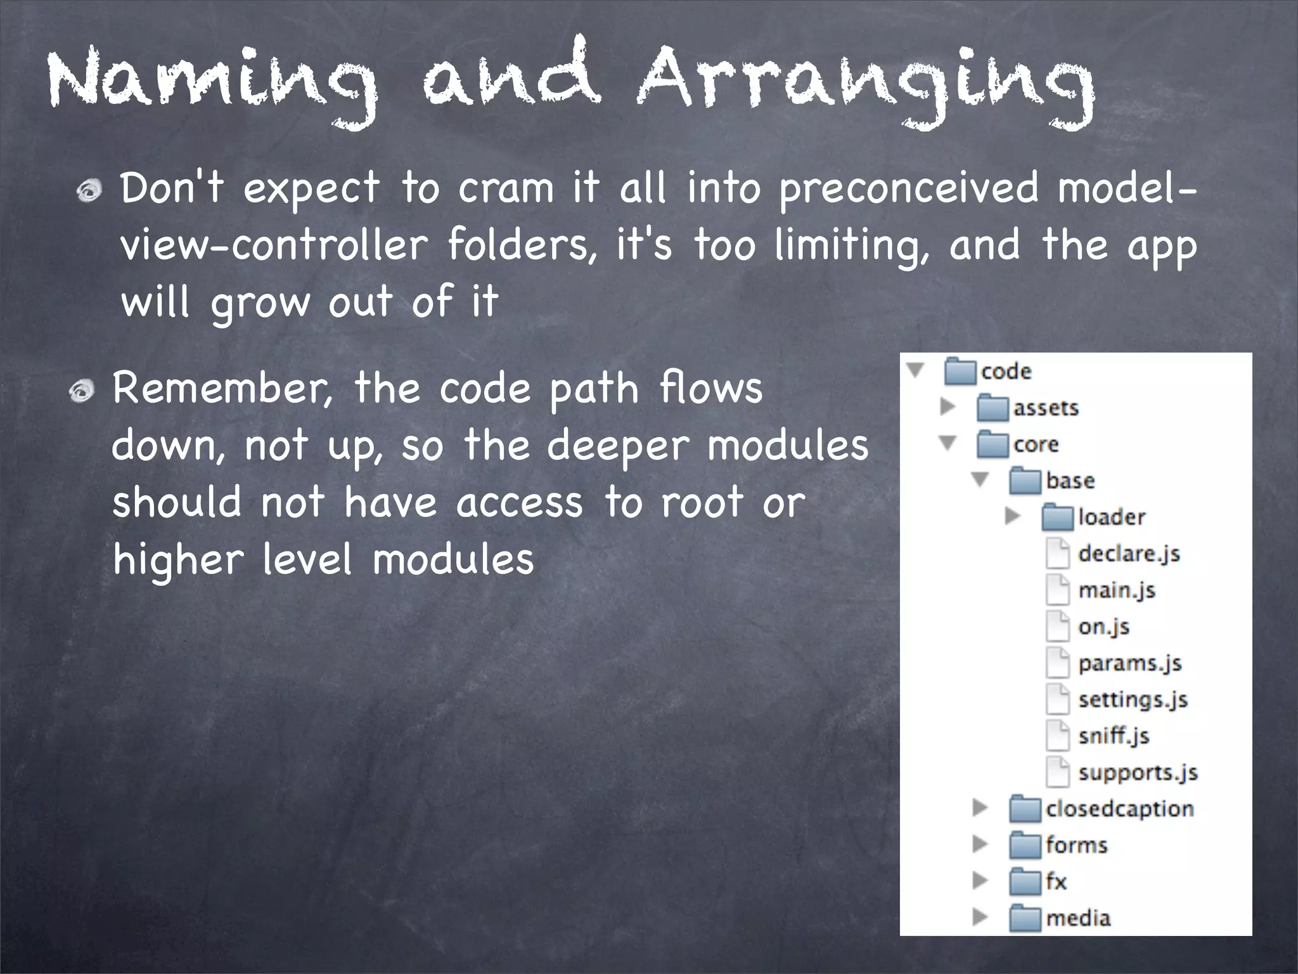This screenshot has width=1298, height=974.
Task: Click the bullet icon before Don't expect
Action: [x=89, y=191]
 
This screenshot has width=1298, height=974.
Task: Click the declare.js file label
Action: [x=1129, y=554]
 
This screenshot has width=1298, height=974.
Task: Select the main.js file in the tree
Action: [x=1117, y=590]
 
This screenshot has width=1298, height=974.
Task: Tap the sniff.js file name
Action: [x=1114, y=736]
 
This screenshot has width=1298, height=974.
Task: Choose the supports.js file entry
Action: [x=1138, y=772]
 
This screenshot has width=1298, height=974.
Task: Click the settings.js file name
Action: [x=1133, y=699]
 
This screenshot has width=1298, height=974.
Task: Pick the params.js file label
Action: [x=1129, y=663]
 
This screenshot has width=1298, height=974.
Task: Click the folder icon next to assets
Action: [x=992, y=408]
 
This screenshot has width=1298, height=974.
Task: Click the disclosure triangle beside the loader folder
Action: [x=1012, y=517]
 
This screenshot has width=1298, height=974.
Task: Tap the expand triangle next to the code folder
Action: [x=915, y=370]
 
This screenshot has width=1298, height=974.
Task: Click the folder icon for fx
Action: [x=1025, y=882]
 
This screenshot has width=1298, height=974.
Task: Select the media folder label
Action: [x=1078, y=918]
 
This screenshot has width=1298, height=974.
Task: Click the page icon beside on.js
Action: [x=1057, y=627]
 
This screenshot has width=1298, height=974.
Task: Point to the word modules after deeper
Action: [x=788, y=446]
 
